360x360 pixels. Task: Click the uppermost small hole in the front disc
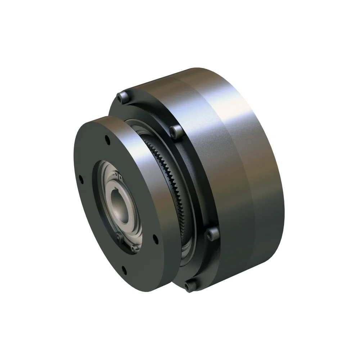point(107,138)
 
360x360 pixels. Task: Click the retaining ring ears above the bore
point(118,176)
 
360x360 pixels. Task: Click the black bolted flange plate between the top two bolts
point(148,108)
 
